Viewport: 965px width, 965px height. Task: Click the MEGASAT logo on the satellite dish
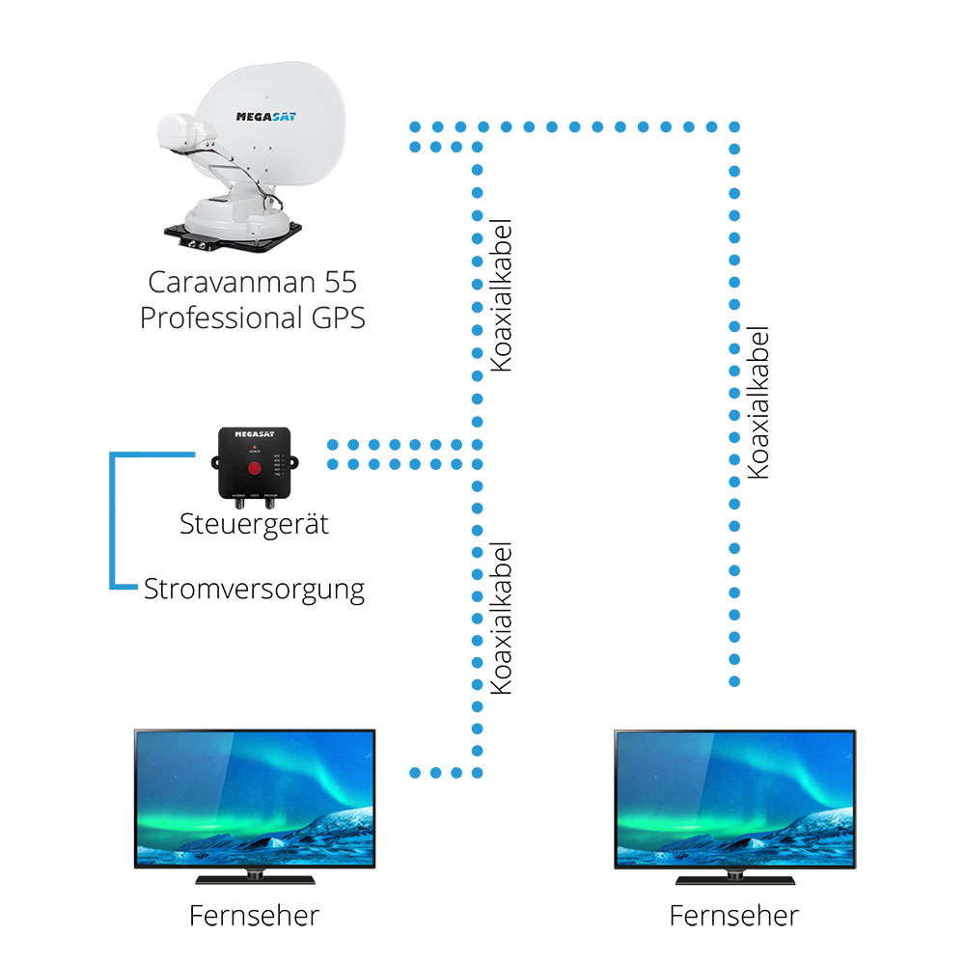[266, 117]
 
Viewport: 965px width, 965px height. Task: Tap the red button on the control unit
[255, 469]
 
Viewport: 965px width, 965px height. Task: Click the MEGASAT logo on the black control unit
[255, 437]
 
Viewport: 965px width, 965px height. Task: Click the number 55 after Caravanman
[342, 283]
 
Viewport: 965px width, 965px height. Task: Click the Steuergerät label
[254, 524]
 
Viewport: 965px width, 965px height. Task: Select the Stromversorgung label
[254, 589]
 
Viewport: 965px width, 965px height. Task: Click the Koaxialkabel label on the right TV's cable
[758, 401]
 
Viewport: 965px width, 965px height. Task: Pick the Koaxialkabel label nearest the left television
[501, 618]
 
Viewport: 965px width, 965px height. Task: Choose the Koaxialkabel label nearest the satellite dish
[501, 295]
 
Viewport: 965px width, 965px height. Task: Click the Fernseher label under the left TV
[254, 914]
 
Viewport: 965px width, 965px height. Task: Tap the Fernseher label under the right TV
[734, 914]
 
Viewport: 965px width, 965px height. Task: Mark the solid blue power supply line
[113, 521]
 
